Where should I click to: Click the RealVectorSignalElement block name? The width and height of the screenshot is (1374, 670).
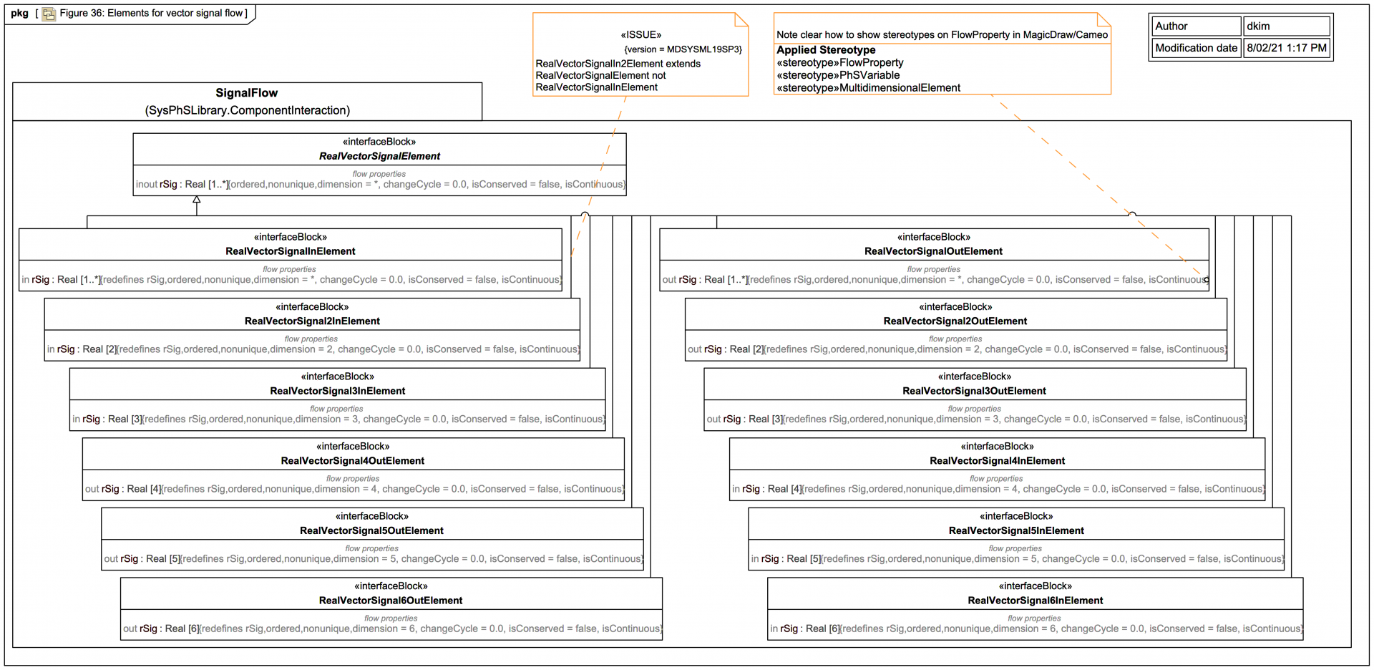coord(379,156)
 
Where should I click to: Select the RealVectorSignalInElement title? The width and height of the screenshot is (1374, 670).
coord(290,251)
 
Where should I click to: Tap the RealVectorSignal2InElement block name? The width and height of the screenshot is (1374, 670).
coord(312,321)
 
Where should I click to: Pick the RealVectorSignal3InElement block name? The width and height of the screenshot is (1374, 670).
coord(337,391)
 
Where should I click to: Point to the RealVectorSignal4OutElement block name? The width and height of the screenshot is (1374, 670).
coord(352,461)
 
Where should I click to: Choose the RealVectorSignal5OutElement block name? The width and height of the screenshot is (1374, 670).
coord(371,530)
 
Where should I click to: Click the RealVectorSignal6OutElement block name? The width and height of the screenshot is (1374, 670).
coord(390,601)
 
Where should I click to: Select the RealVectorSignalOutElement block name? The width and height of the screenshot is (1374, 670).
coord(933,251)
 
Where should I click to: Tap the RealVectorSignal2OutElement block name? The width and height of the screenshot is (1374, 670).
coord(955,321)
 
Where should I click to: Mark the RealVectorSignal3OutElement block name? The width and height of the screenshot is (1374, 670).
coord(974,391)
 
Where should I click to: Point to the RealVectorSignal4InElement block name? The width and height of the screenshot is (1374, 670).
coord(997,461)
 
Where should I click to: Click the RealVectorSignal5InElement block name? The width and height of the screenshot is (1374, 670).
coord(1016,530)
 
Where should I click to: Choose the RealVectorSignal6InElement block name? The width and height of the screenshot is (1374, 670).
coord(1035,601)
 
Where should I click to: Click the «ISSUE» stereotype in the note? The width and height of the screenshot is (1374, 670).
coord(640,35)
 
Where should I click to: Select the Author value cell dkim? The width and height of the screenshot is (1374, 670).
coord(1286,26)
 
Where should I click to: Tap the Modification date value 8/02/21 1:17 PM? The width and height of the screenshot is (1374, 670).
coord(1286,48)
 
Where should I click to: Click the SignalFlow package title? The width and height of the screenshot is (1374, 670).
coord(247,93)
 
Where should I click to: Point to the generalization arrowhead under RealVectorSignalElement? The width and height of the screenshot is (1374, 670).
coord(197,200)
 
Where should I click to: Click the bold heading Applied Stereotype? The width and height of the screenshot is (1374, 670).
coord(826,50)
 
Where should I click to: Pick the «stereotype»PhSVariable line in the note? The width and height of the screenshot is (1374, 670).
coord(838,75)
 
